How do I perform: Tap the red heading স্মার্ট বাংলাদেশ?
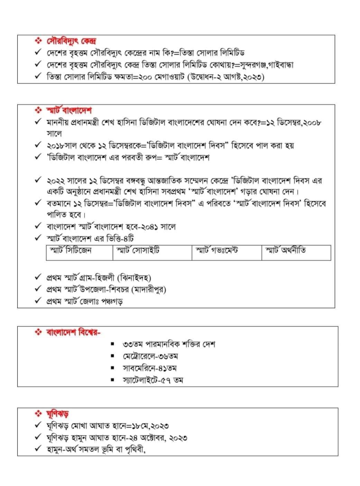tap(69, 110)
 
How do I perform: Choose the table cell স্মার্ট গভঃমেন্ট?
tap(217, 251)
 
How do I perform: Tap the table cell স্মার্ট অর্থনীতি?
tap(285, 251)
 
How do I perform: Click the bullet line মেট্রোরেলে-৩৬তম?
tap(150, 356)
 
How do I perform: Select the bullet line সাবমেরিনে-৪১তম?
tap(150, 368)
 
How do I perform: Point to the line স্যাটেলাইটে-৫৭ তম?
tap(153, 380)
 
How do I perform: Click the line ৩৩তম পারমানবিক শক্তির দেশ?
tap(169, 344)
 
